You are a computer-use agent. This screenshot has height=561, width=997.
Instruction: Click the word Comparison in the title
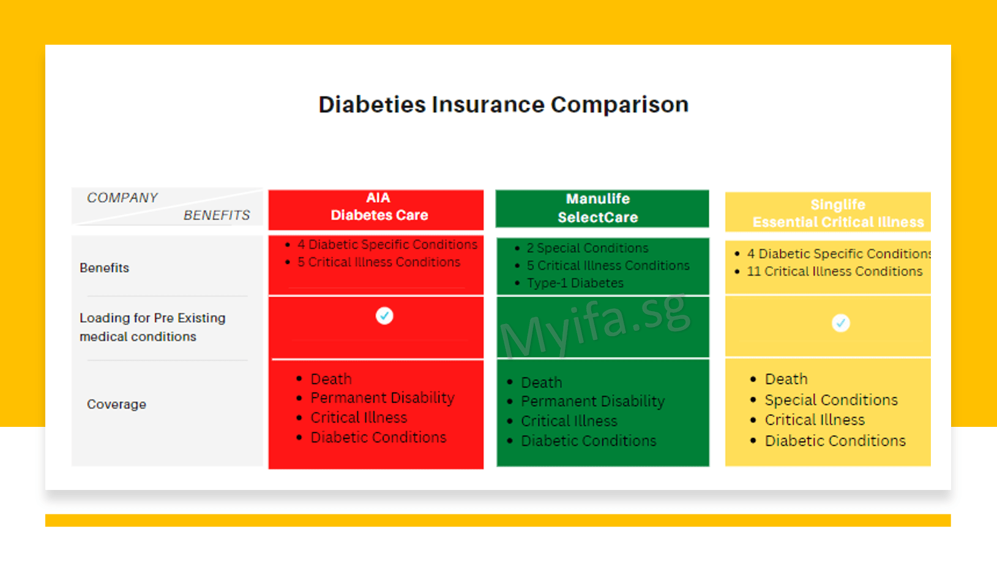[x=619, y=105]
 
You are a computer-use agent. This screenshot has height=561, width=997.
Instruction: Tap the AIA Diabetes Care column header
[x=379, y=207]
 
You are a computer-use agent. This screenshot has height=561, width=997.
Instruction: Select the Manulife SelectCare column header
[x=598, y=208]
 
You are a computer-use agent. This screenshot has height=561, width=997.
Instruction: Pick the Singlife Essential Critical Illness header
[x=837, y=213]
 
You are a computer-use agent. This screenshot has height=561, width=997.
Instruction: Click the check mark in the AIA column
[x=384, y=315]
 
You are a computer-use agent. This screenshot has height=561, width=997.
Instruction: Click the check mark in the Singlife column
[x=841, y=323]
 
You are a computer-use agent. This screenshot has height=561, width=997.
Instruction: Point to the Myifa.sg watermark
[x=594, y=325]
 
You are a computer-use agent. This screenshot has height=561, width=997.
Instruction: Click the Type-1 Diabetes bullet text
[x=575, y=283]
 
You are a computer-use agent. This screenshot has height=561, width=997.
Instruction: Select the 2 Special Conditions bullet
[x=587, y=248]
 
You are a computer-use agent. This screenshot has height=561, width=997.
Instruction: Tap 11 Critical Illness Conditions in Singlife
[x=834, y=271]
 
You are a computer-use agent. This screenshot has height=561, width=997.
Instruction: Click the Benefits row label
[x=105, y=268]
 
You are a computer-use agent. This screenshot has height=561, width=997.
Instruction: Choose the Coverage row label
[x=116, y=404]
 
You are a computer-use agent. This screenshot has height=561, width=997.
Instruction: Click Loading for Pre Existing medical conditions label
[x=152, y=327]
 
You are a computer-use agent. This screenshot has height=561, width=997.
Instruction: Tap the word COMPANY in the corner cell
[x=122, y=198]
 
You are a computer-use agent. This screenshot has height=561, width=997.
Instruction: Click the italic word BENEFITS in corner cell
[x=217, y=216]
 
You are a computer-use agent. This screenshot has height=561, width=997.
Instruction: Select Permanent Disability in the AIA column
[x=382, y=398]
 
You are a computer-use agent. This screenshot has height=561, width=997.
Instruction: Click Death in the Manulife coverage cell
[x=541, y=383]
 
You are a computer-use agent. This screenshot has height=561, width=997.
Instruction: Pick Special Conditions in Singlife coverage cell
[x=831, y=400]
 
